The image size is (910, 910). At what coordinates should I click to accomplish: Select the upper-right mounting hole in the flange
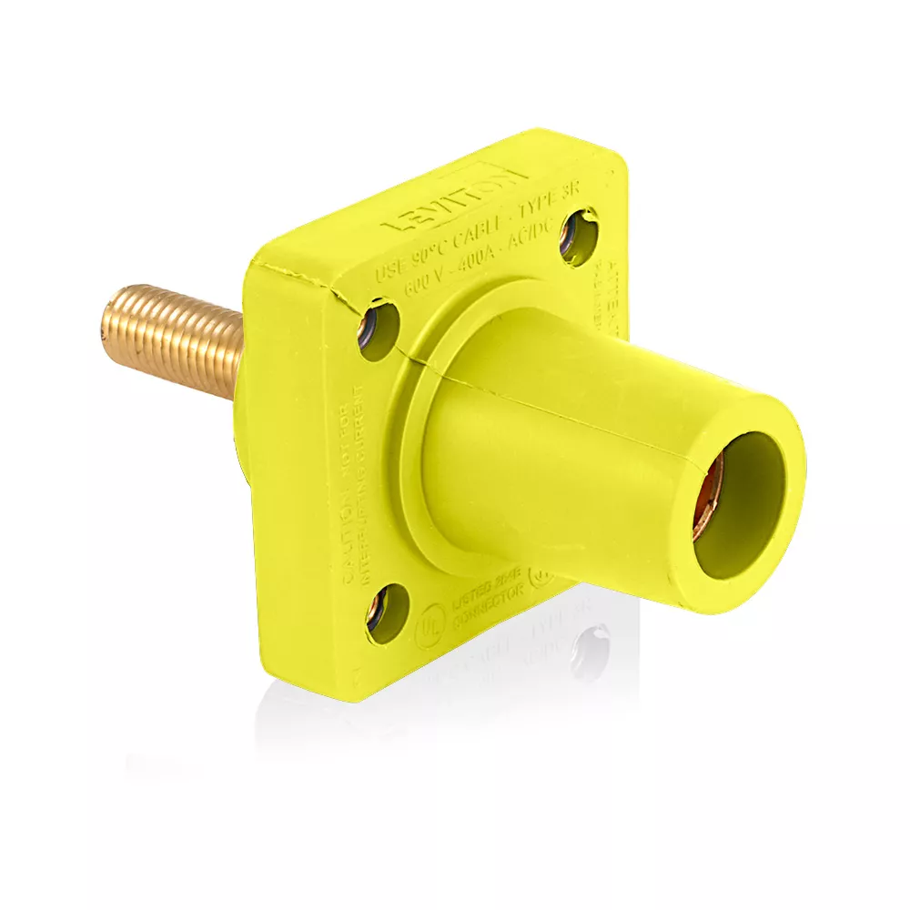click(579, 237)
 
